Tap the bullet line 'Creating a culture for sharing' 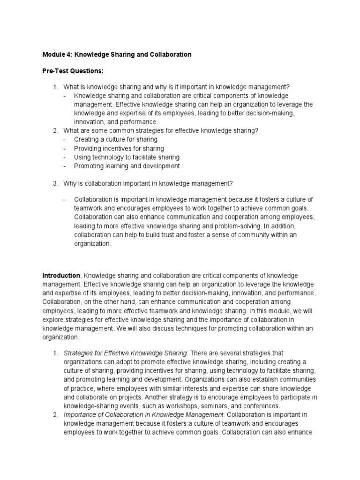click(115, 140)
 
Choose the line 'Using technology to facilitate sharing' click(127, 157)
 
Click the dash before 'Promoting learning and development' click(65, 166)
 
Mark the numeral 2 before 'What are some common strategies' click(55, 131)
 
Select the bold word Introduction click(61, 276)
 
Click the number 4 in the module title click(68, 54)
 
